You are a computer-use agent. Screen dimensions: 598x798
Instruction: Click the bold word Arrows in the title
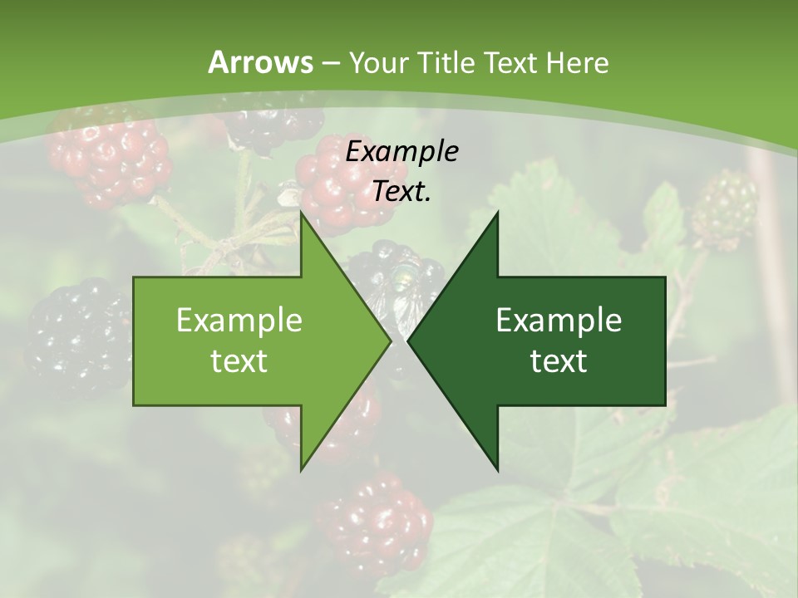point(260,62)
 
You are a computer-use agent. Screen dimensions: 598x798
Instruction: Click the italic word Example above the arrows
point(401,151)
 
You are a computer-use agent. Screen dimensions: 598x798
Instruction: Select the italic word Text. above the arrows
point(401,192)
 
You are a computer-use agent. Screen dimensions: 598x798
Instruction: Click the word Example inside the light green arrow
point(239,320)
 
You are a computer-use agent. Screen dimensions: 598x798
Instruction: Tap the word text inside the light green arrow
point(239,360)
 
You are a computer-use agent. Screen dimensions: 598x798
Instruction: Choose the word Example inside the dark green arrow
point(559,320)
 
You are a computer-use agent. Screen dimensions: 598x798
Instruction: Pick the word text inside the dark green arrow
point(559,360)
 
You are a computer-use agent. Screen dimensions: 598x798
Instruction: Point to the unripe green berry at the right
point(725,208)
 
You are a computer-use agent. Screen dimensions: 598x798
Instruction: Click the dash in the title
point(330,63)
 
